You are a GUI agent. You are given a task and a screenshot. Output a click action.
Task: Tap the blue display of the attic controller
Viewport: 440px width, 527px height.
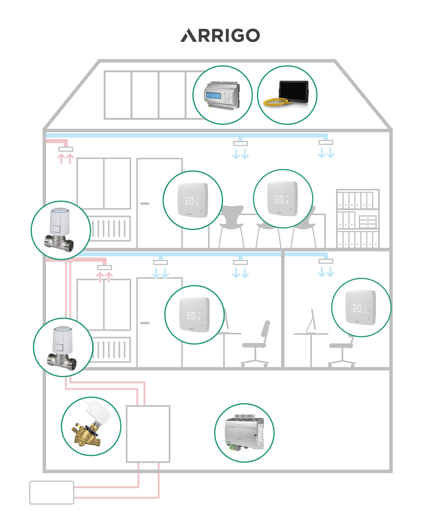(x=213, y=95)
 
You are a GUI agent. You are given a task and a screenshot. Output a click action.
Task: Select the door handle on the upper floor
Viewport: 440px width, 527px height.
(x=145, y=204)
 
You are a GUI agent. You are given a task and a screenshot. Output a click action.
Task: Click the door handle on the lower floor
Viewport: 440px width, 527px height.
(x=145, y=323)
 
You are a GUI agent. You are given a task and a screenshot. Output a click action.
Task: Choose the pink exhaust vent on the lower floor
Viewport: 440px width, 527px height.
(x=105, y=267)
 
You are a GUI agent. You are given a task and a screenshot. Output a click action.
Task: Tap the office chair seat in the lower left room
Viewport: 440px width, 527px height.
(x=254, y=345)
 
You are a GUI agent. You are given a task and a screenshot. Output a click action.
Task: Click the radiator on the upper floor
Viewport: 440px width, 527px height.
(x=111, y=228)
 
